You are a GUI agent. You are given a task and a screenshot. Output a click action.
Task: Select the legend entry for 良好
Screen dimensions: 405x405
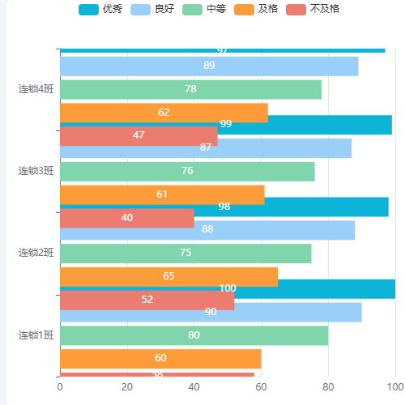[153, 9]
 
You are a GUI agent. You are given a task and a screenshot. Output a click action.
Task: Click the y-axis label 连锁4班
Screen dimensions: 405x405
[36, 89]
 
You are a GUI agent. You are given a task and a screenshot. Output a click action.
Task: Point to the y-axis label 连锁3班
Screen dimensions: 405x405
[36, 171]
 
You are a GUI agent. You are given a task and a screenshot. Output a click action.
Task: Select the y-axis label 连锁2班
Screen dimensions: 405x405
[36, 253]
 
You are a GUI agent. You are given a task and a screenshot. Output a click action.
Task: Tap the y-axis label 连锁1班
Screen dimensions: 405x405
[36, 335]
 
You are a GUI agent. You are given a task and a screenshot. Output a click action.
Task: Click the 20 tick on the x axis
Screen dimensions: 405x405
[127, 387]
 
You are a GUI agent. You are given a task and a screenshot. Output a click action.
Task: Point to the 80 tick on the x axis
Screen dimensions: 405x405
[328, 387]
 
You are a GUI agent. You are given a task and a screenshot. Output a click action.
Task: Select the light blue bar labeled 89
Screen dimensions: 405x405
[209, 66]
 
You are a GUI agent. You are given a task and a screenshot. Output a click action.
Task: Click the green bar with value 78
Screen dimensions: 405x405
[190, 89]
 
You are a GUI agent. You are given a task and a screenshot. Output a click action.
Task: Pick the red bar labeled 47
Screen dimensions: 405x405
[139, 136]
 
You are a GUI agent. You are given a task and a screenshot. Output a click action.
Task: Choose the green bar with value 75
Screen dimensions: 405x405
[185, 254]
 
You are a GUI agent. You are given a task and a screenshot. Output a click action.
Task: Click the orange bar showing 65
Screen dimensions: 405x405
[168, 276]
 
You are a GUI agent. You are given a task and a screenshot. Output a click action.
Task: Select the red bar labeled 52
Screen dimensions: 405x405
[147, 301]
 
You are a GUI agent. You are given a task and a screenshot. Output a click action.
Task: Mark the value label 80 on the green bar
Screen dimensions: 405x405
[194, 335]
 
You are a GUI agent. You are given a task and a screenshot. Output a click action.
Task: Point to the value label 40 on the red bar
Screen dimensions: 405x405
[127, 218]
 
